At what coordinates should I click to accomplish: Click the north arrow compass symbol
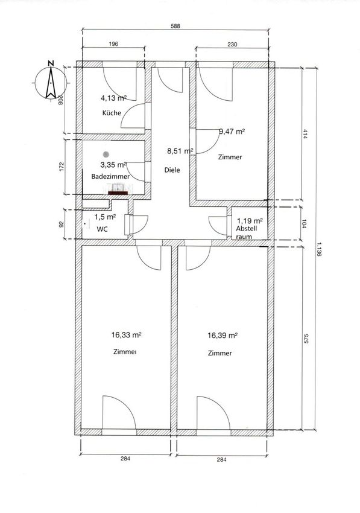[51, 82]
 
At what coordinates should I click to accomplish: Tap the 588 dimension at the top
[175, 27]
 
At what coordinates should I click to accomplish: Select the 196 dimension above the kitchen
[113, 44]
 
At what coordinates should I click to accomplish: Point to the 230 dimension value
[232, 44]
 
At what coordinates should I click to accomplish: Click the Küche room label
[112, 113]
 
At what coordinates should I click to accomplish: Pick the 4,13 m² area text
[113, 98]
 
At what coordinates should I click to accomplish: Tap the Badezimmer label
[110, 176]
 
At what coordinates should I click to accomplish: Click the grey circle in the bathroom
[106, 154]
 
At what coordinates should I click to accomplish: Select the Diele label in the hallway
[172, 170]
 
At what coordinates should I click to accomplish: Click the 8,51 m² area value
[180, 151]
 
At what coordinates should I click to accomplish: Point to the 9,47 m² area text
[232, 132]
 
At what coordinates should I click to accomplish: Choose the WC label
[102, 229]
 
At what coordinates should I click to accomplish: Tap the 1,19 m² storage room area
[250, 221]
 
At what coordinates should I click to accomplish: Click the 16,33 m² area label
[126, 335]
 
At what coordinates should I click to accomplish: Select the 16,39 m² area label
[223, 336]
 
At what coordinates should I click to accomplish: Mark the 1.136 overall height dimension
[319, 249]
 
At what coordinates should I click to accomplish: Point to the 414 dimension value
[305, 134]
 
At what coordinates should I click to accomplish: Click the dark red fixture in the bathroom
[118, 193]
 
